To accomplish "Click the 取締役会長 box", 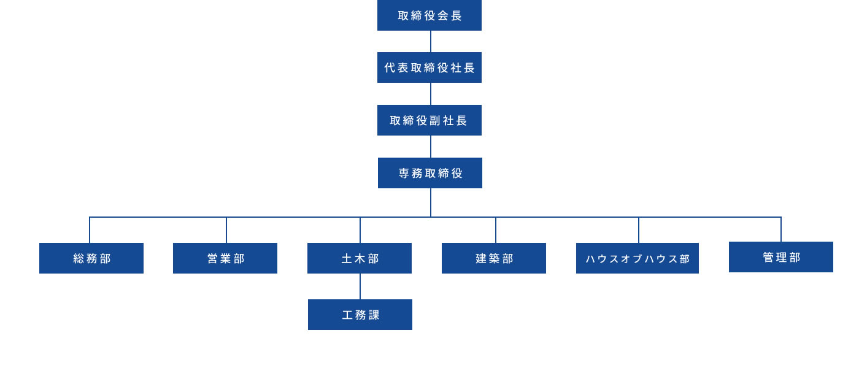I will pyautogui.click(x=429, y=15).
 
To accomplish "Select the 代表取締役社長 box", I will pyautogui.click(x=429, y=67).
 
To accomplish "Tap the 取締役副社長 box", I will pyautogui.click(x=429, y=120).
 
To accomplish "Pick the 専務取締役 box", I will pyautogui.click(x=430, y=173).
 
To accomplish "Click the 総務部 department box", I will pyautogui.click(x=91, y=258).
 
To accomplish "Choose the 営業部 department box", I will pyautogui.click(x=225, y=258).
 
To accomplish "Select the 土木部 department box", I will pyautogui.click(x=360, y=258).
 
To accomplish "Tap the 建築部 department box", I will pyautogui.click(x=494, y=258).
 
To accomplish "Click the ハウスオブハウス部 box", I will pyautogui.click(x=638, y=258).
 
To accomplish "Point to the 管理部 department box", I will pyautogui.click(x=781, y=257).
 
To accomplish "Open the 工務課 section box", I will pyautogui.click(x=360, y=315).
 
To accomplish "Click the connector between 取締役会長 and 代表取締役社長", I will pyautogui.click(x=431, y=42).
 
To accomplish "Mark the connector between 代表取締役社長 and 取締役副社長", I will pyautogui.click(x=431, y=94).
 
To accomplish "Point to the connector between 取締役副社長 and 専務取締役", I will pyautogui.click(x=431, y=147).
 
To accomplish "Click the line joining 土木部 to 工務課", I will pyautogui.click(x=360, y=286).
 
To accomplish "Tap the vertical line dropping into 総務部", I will pyautogui.click(x=90, y=231).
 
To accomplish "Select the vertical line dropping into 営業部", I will pyautogui.click(x=226, y=231).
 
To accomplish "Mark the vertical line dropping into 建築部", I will pyautogui.click(x=496, y=231).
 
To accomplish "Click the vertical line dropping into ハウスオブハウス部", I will pyautogui.click(x=639, y=231).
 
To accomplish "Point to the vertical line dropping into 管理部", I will pyautogui.click(x=781, y=229).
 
